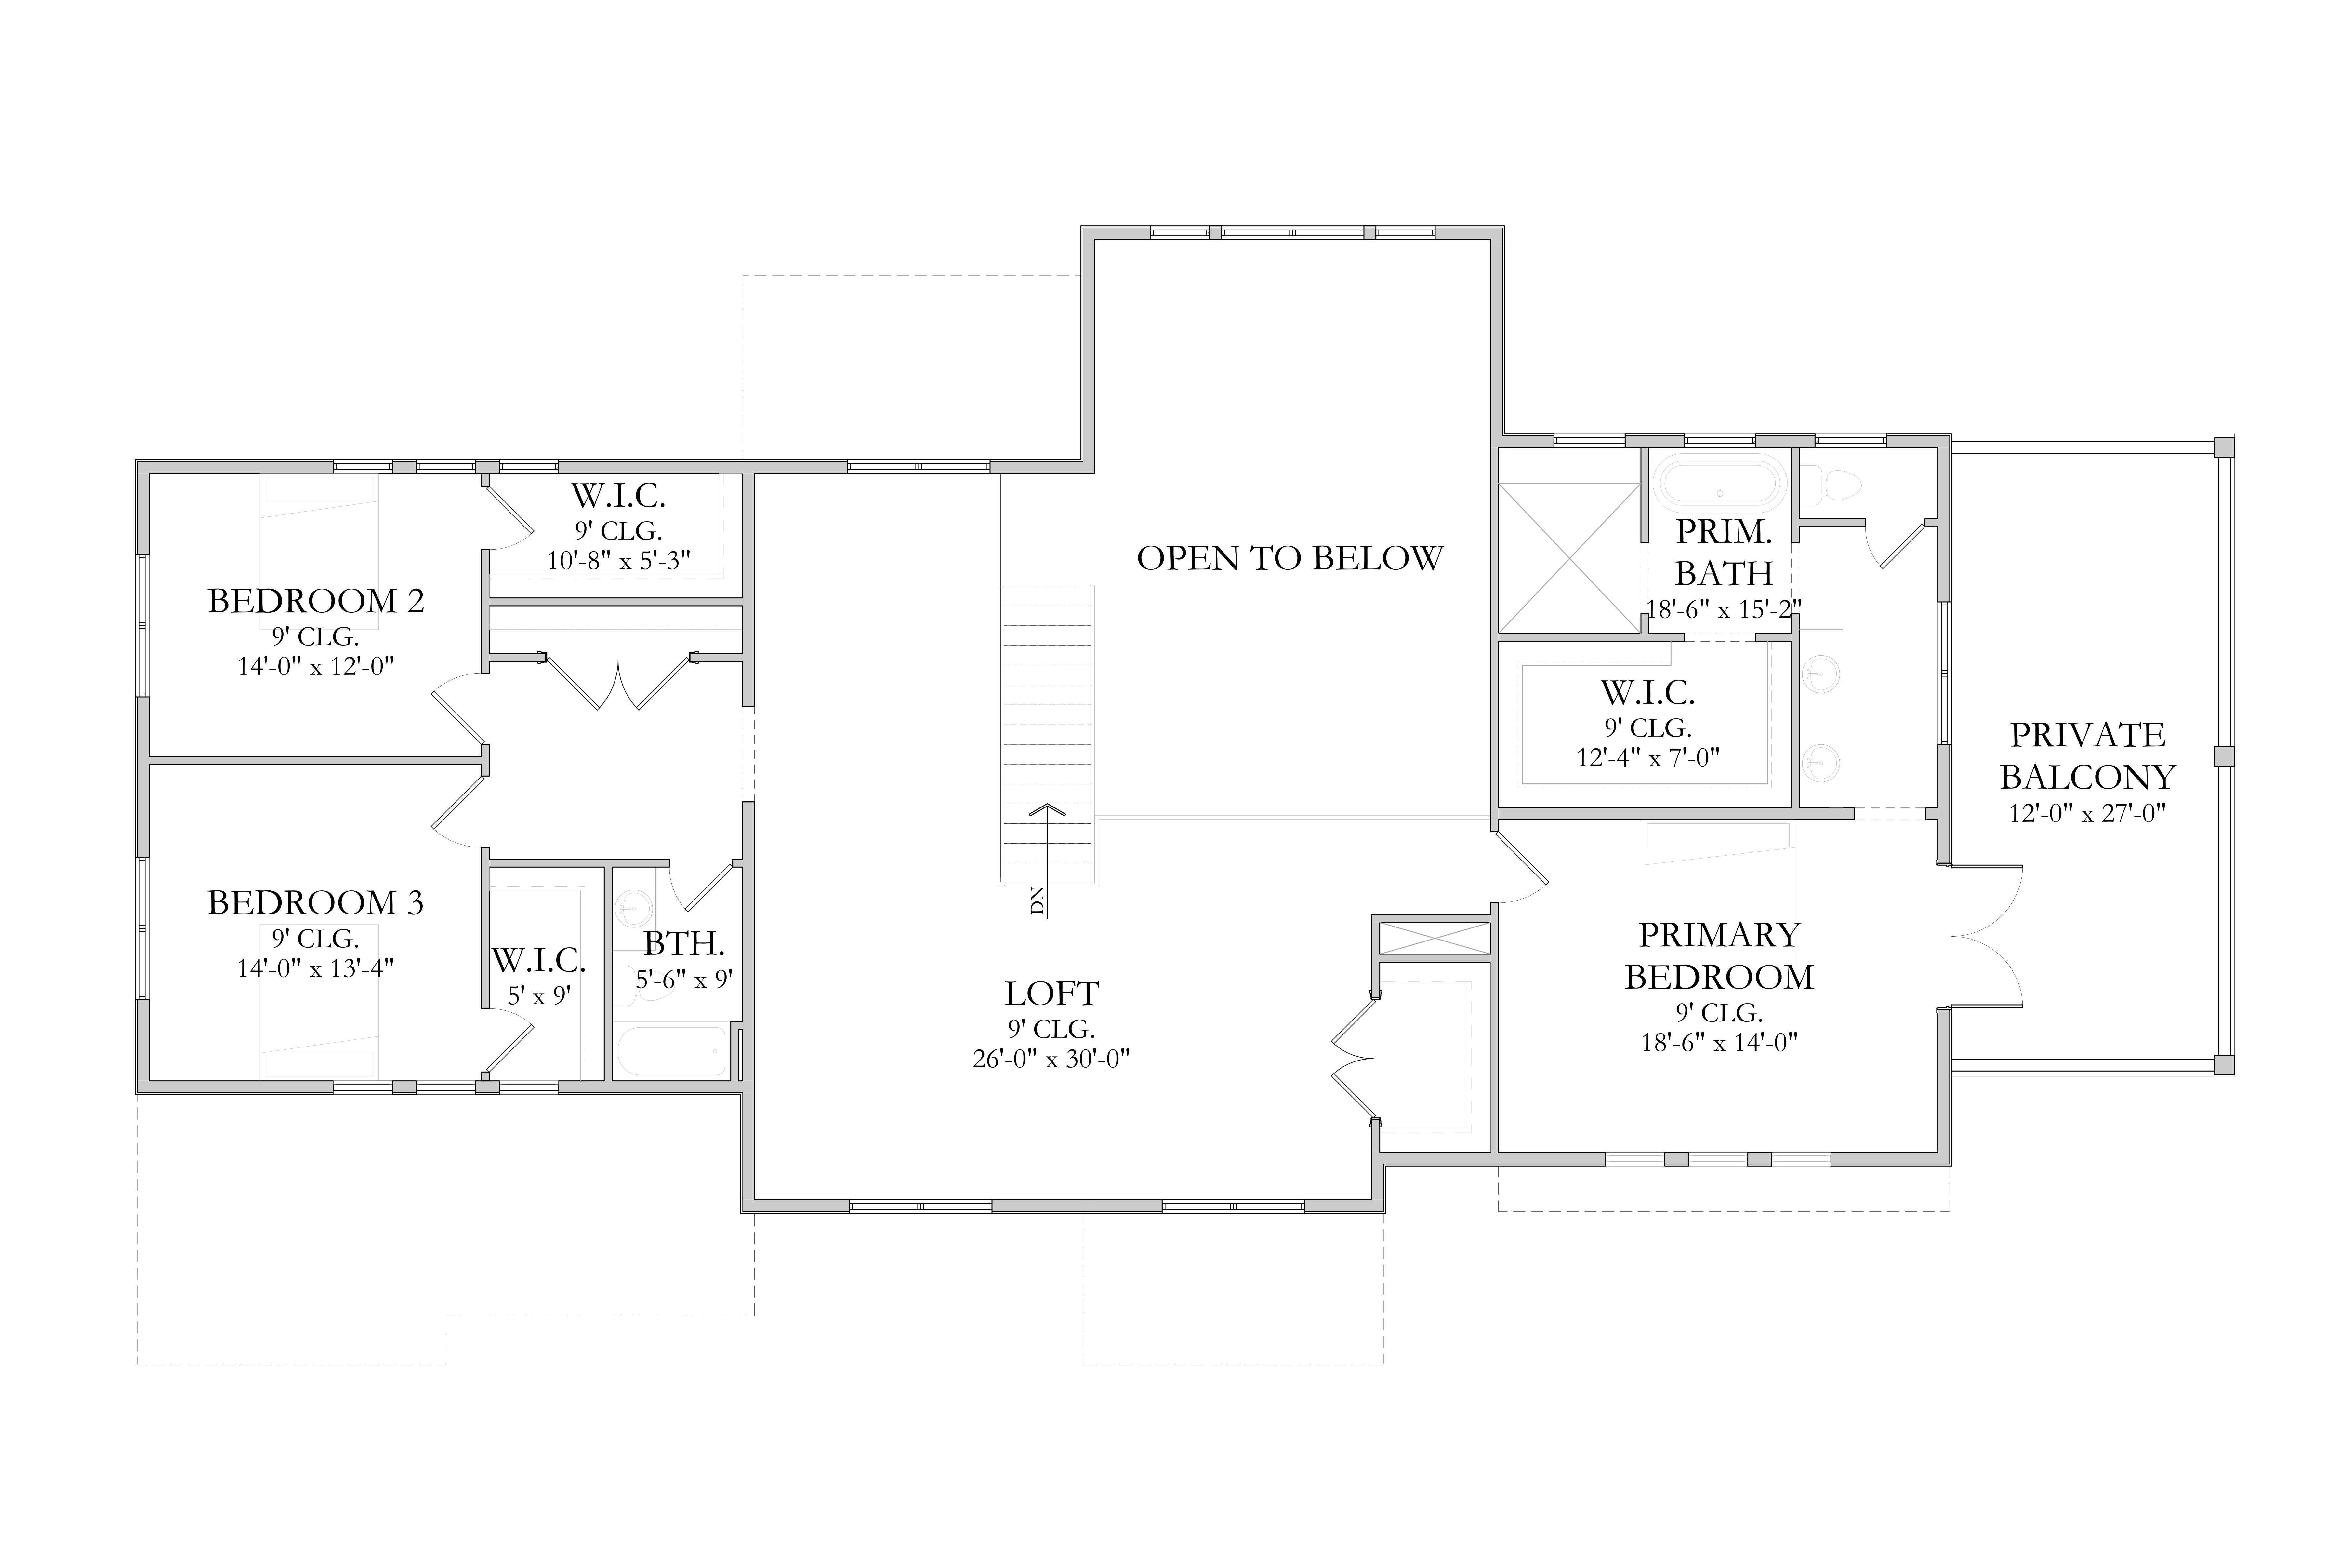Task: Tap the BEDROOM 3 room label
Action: (x=315, y=903)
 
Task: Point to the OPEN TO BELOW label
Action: (x=1290, y=558)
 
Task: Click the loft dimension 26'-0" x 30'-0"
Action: (x=1051, y=1058)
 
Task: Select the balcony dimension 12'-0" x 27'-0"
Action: (x=2087, y=813)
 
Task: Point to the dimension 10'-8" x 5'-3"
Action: (x=618, y=560)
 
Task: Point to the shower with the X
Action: (x=1568, y=557)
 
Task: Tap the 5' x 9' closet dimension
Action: (x=538, y=995)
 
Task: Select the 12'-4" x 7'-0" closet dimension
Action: (x=1648, y=758)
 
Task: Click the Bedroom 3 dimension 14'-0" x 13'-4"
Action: (x=315, y=968)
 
